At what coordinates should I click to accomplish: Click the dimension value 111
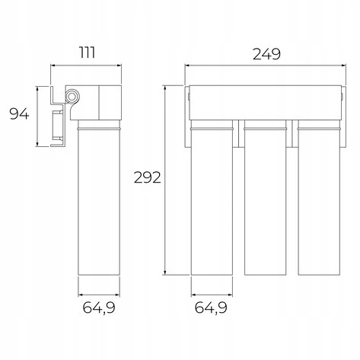pos(88,53)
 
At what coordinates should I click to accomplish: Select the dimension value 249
pos(266,54)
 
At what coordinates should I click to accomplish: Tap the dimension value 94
pos(19,113)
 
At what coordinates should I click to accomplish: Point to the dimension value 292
pos(147,177)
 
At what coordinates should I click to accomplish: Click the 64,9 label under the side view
pos(99,307)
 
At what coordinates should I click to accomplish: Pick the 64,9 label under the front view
pos(211,307)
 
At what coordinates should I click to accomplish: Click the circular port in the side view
pos(72,97)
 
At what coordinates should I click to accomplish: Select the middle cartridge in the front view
pos(265,197)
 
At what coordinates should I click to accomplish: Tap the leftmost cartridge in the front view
pos(212,197)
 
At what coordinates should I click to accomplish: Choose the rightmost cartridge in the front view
pos(319,197)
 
